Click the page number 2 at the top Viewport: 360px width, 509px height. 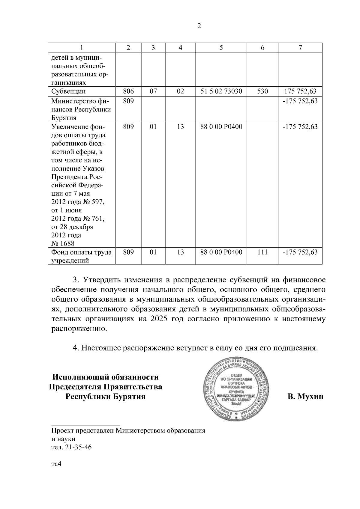pos(199,26)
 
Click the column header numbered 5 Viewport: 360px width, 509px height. pos(221,48)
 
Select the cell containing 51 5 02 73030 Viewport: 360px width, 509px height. pos(221,91)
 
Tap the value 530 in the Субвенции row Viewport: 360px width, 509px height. pos(262,91)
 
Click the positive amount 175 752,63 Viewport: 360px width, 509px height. pos(300,91)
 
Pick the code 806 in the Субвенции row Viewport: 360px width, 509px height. pos(128,91)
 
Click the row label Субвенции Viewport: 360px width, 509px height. pos(68,91)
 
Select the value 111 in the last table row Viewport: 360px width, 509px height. pos(262,252)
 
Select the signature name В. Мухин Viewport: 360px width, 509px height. pos(305,397)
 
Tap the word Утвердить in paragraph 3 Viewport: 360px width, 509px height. pos(101,280)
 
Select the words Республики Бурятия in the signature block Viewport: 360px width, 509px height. pos(106,397)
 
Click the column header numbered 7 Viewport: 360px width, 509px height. pos(300,48)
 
